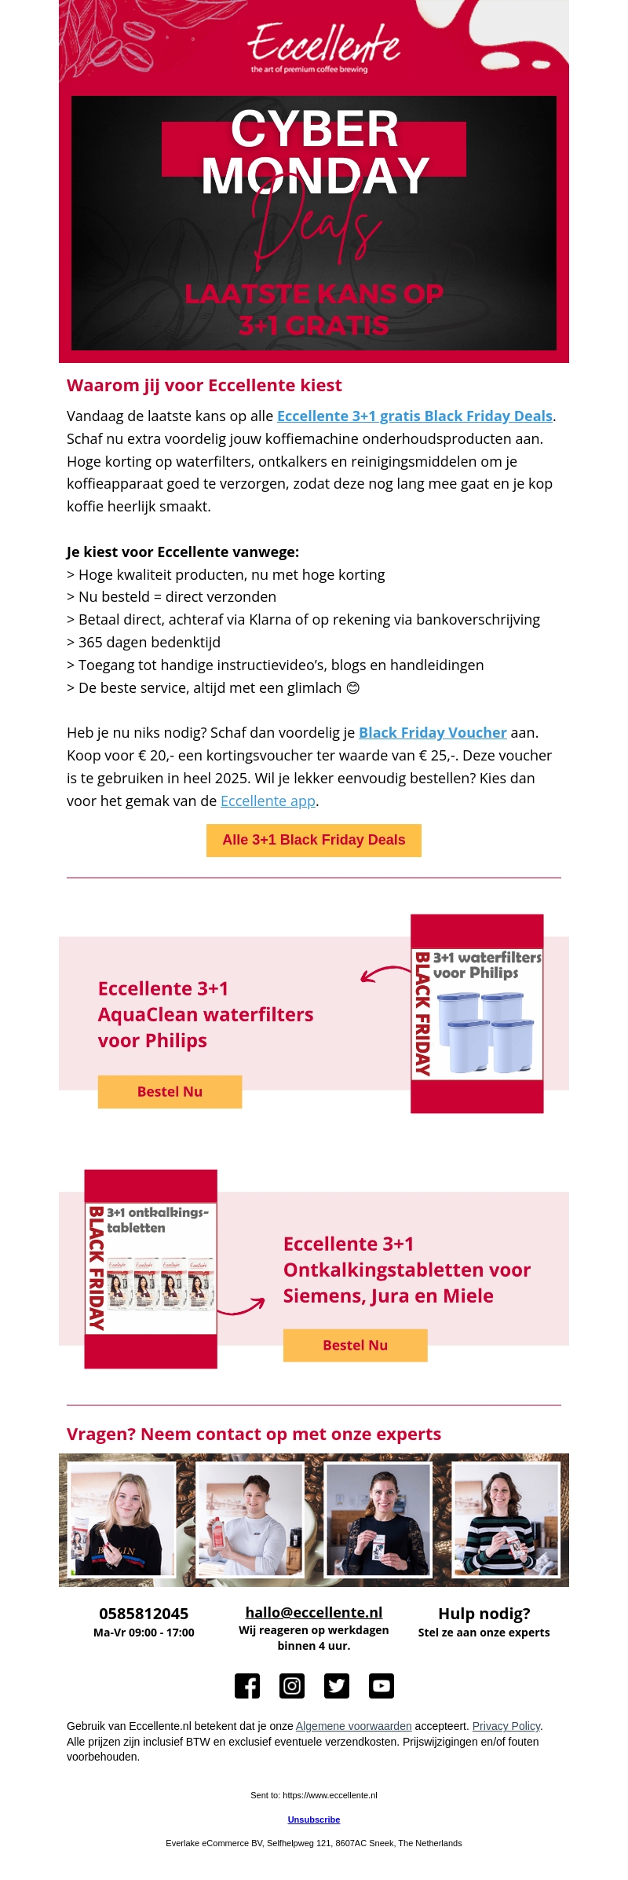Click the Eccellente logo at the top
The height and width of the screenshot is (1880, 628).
point(323,46)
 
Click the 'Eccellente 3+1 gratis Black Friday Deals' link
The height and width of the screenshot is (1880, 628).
point(414,416)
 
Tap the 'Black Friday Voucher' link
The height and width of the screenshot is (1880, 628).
point(433,733)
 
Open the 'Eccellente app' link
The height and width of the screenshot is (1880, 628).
point(268,801)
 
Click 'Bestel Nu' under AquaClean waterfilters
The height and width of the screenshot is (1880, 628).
point(170,1092)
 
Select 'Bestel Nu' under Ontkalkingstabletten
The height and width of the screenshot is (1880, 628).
point(355,1346)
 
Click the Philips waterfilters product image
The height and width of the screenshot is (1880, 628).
point(477,1013)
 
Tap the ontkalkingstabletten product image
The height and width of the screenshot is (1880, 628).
point(151,1269)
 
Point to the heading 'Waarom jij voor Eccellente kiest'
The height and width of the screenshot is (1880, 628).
point(204,386)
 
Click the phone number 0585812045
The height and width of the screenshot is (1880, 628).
point(144,1614)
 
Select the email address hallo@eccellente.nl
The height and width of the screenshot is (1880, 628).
point(314,1613)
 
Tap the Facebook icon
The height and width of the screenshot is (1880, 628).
point(247,1686)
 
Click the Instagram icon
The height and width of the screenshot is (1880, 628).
point(292,1686)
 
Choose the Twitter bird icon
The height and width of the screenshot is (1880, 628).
point(337,1686)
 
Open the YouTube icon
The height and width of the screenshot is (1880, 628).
point(382,1686)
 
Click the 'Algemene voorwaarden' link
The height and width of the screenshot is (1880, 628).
point(353,1727)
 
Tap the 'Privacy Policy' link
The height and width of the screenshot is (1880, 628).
point(506,1727)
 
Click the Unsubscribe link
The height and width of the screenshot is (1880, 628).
point(314,1820)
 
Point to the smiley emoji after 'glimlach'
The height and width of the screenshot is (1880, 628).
point(353,688)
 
